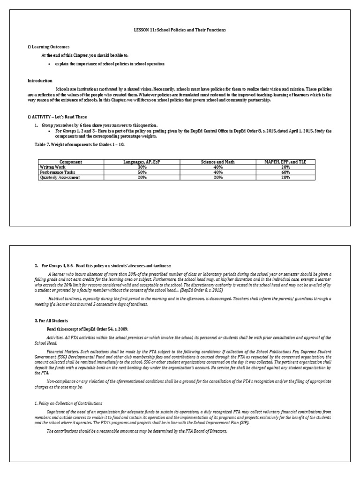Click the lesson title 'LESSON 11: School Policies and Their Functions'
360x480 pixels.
coord(180,30)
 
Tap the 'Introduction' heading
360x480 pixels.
coord(40,81)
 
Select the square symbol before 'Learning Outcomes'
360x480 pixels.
coord(29,47)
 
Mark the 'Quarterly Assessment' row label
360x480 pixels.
coord(60,178)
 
